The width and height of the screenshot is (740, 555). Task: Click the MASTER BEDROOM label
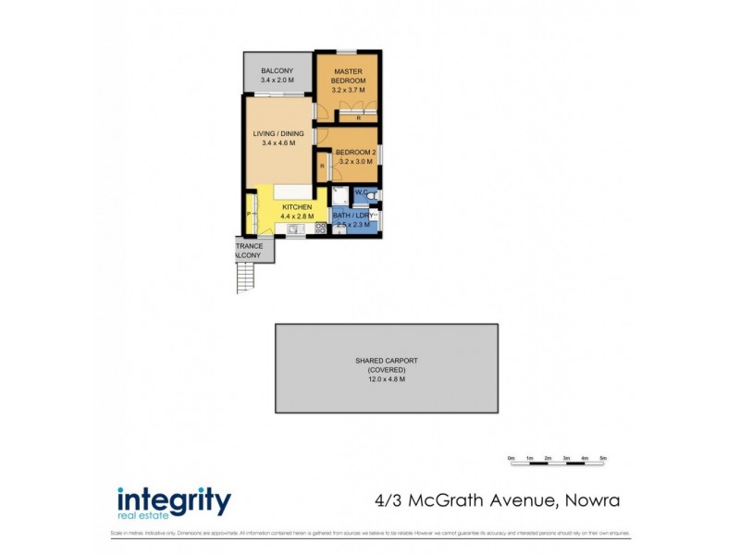click(x=349, y=76)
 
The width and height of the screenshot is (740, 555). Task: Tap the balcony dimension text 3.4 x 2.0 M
click(x=277, y=81)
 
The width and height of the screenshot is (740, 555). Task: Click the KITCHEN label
click(x=296, y=206)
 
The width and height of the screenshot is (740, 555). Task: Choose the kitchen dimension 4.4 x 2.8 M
click(x=296, y=216)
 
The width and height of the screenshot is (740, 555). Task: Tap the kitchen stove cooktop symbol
click(x=320, y=228)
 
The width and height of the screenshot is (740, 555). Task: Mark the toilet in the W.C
click(x=370, y=196)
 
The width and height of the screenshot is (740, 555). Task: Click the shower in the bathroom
click(x=339, y=195)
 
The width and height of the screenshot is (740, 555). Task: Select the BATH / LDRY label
click(x=351, y=215)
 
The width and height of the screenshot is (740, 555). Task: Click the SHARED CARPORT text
click(x=386, y=361)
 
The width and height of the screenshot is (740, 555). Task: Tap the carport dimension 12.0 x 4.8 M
click(x=386, y=379)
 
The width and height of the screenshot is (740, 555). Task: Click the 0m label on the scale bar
click(x=511, y=459)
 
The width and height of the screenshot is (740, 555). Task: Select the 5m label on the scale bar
click(x=603, y=459)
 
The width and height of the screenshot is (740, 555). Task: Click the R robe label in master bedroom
click(x=358, y=117)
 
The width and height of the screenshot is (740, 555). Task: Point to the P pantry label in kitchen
click(x=248, y=216)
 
